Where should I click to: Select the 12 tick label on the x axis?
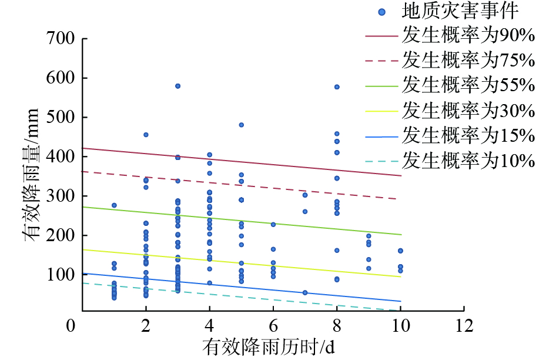coord(464,325)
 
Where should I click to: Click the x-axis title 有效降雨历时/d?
coord(269,346)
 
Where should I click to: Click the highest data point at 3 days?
coord(177,86)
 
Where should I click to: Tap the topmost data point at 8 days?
coord(337,87)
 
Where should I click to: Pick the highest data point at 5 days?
coord(241,125)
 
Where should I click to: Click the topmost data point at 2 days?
coord(146,135)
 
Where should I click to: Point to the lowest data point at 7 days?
coord(305,292)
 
